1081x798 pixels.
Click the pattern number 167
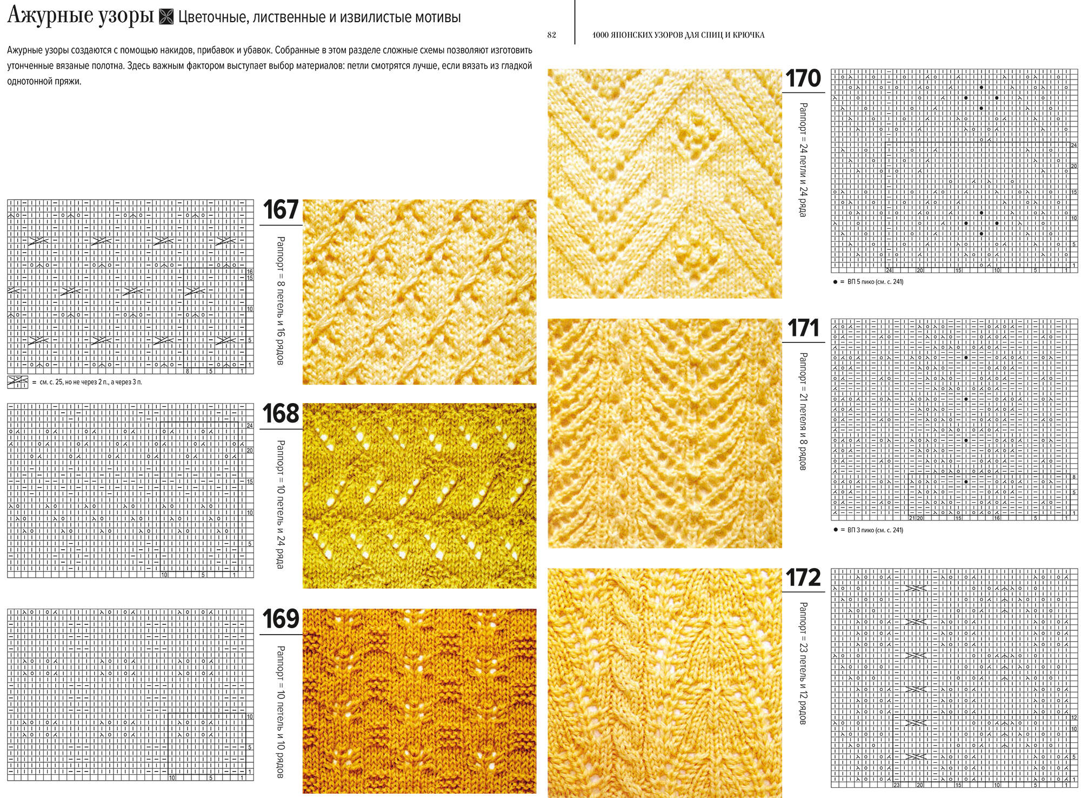pos(281,210)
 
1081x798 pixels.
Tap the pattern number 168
pos(281,414)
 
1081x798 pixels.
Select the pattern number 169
pos(281,619)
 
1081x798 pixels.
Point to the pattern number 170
pos(803,78)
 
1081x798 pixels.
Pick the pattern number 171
pos(803,328)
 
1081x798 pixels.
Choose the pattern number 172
pos(803,578)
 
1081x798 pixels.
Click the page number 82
pos(551,35)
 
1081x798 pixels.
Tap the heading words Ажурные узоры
pos(81,16)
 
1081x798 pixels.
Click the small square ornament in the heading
pos(166,18)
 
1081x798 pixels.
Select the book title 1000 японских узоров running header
pos(678,35)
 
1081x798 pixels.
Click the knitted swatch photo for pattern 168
pos(419,496)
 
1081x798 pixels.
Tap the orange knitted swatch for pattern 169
pos(419,701)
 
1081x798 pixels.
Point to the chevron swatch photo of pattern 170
pos(665,183)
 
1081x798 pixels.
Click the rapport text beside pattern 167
pos(281,300)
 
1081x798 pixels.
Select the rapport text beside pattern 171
pos(803,411)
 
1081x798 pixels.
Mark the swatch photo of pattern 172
pos(665,682)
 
